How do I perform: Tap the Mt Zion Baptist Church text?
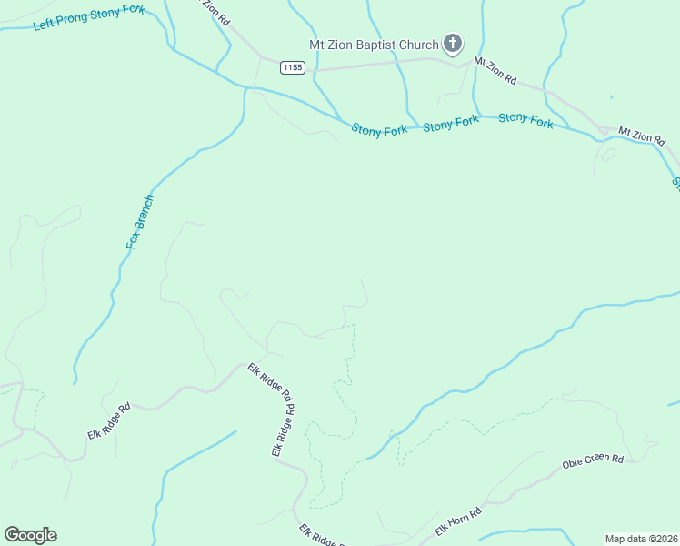coord(372,44)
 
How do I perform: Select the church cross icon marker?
coord(452,43)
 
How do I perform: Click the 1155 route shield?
coord(292,67)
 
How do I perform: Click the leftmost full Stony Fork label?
coord(379,130)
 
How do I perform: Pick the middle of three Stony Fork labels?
coord(450,124)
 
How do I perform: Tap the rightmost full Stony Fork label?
coord(525,119)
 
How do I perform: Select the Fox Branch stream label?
coord(141,222)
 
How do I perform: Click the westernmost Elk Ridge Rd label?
coord(109,421)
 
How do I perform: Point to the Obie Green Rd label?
coord(592,462)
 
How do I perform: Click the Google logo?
coord(30,535)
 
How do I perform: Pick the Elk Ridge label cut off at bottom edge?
coord(320,535)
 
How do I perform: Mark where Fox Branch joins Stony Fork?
coord(245,88)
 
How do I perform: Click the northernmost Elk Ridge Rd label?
coord(270,382)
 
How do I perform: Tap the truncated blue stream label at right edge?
coord(675,182)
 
